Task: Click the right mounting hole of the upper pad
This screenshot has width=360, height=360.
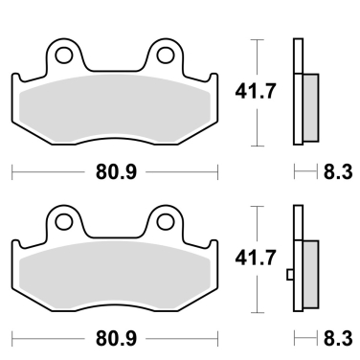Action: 166,55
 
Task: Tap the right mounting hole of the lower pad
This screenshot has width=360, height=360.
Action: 166,221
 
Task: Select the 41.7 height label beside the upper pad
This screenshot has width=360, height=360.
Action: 255,91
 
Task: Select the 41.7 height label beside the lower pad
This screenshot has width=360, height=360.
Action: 255,258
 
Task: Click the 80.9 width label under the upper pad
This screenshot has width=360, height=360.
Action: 116,172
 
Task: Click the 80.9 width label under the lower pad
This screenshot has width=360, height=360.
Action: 116,339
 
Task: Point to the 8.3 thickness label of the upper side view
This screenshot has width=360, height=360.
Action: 338,172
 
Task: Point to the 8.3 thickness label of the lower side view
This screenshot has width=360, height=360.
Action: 338,339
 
